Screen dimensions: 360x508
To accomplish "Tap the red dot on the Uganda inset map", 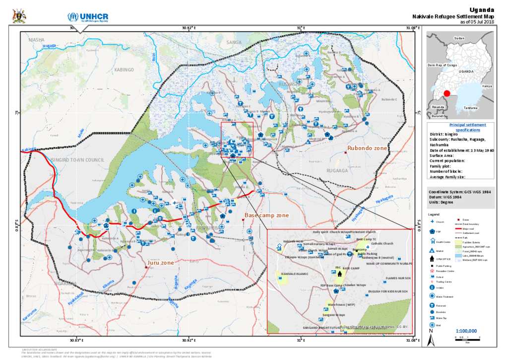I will click(446, 93).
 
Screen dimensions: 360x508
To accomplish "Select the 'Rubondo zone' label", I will click(367, 148).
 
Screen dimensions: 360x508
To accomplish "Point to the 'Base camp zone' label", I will click(266, 216).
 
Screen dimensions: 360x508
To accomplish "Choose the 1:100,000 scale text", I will click(466, 331).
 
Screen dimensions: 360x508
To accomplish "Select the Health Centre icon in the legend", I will click(432, 241).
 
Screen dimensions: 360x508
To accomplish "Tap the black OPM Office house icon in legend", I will click(432, 259).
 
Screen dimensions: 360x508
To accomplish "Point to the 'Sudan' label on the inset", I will click(459, 38).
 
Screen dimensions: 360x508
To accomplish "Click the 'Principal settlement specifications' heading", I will click(461, 127).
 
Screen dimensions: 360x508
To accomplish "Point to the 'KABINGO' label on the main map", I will click(125, 70).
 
